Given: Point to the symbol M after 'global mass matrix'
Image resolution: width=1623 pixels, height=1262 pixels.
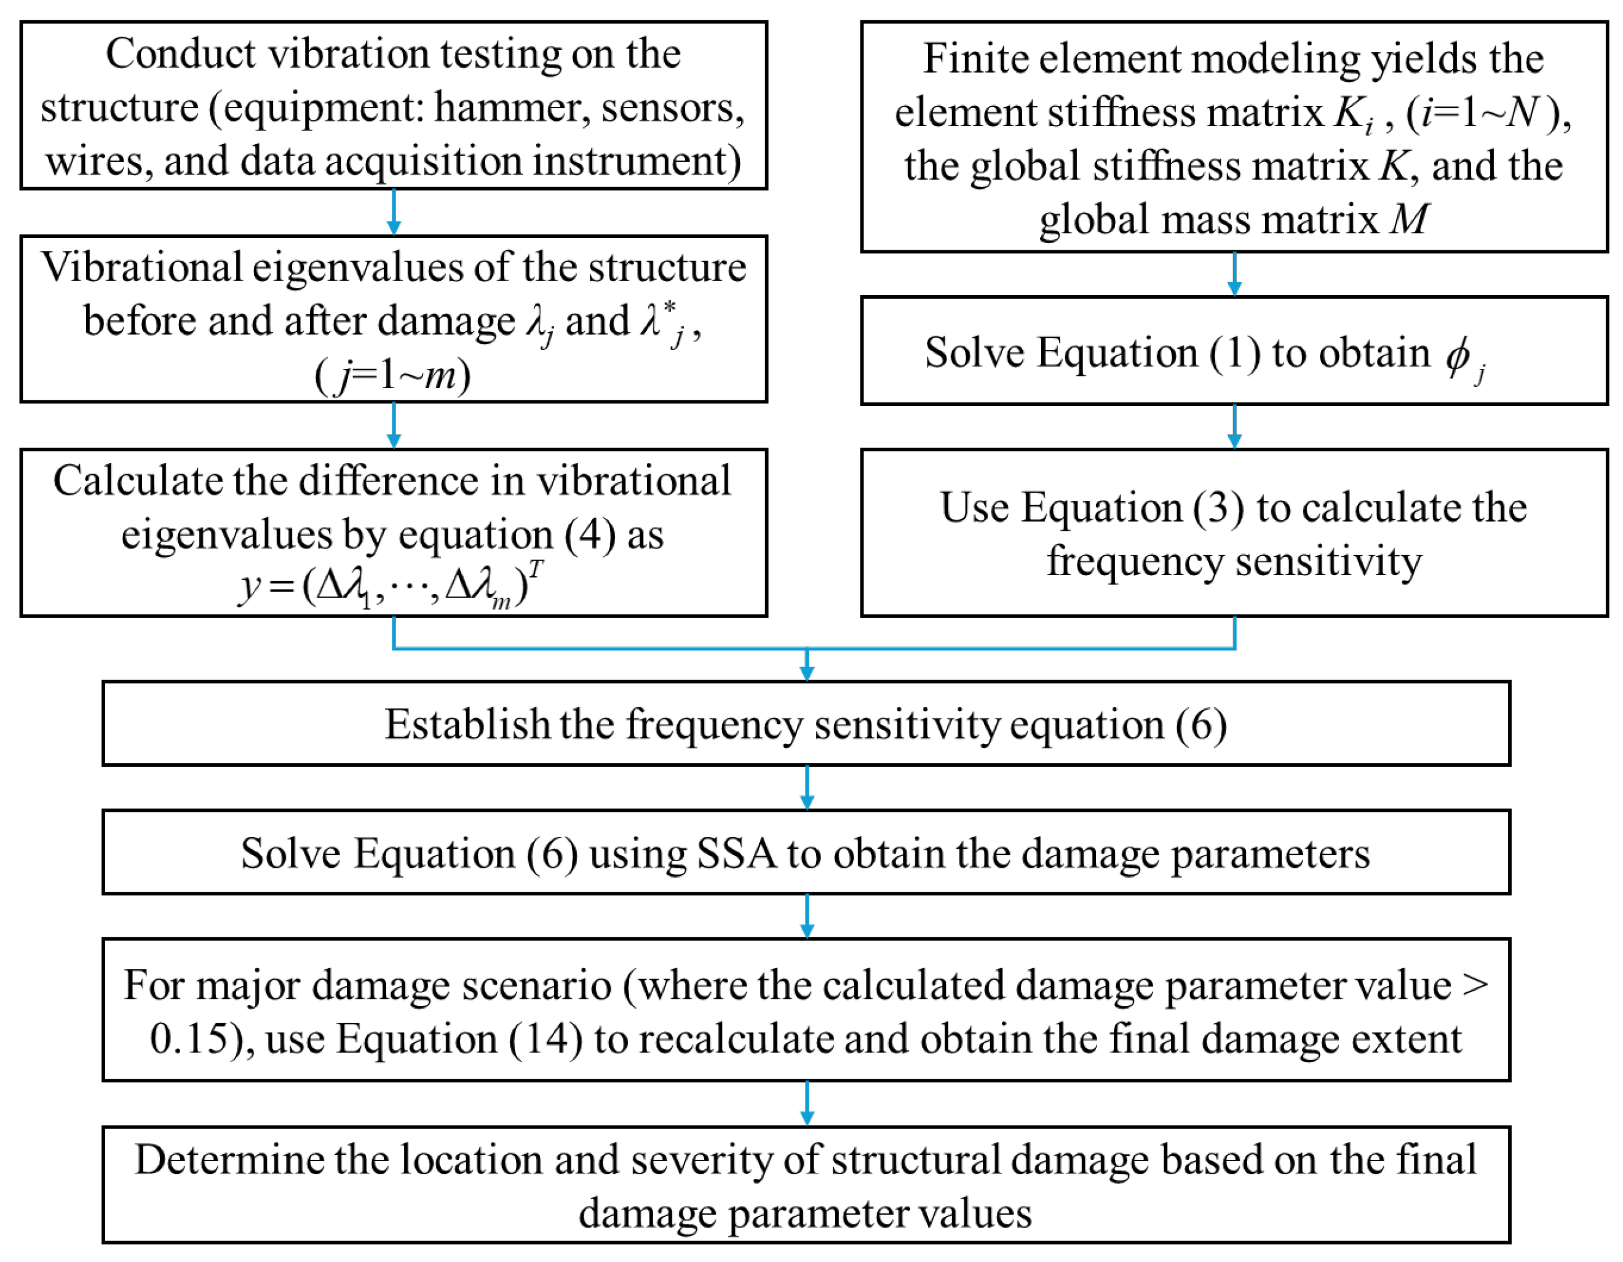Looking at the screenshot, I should click(x=1409, y=220).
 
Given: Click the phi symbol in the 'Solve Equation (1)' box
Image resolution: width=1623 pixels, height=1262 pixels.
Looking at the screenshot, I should click(x=1458, y=354).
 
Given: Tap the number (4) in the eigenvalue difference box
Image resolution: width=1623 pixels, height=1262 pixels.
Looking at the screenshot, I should click(x=589, y=535).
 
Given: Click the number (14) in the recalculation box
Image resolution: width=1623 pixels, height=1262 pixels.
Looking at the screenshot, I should click(x=546, y=1038).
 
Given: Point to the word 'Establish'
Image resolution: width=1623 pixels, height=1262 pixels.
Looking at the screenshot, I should click(x=466, y=724).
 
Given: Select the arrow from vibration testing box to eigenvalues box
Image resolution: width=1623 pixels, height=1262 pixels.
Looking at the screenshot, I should click(x=394, y=213).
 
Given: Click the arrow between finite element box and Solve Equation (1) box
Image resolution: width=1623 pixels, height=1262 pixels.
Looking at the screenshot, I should click(x=1234, y=274).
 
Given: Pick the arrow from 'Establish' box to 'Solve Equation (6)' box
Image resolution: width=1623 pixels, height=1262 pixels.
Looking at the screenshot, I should click(x=807, y=788).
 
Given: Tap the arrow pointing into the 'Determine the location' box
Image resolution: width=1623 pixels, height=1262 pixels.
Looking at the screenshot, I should click(x=807, y=1104).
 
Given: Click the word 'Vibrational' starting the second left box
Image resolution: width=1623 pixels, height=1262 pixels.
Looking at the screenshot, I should click(x=141, y=268).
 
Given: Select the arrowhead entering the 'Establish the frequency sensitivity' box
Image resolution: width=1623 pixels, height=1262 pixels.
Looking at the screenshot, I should click(x=807, y=673).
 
